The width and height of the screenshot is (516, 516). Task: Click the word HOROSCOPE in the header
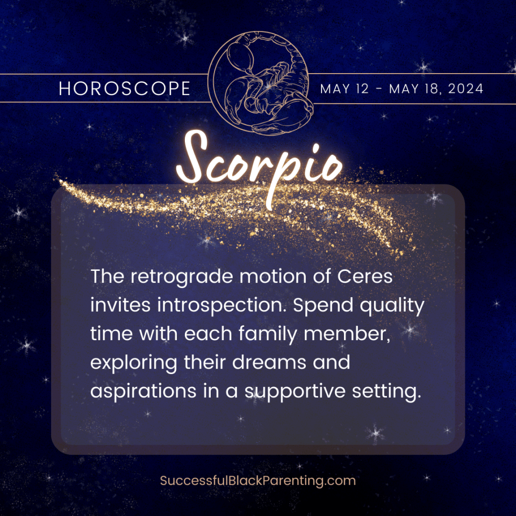(125, 89)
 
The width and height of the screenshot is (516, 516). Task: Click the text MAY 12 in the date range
(345, 89)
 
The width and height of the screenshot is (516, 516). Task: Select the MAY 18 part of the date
(411, 89)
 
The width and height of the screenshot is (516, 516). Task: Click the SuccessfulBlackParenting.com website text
(258, 480)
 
